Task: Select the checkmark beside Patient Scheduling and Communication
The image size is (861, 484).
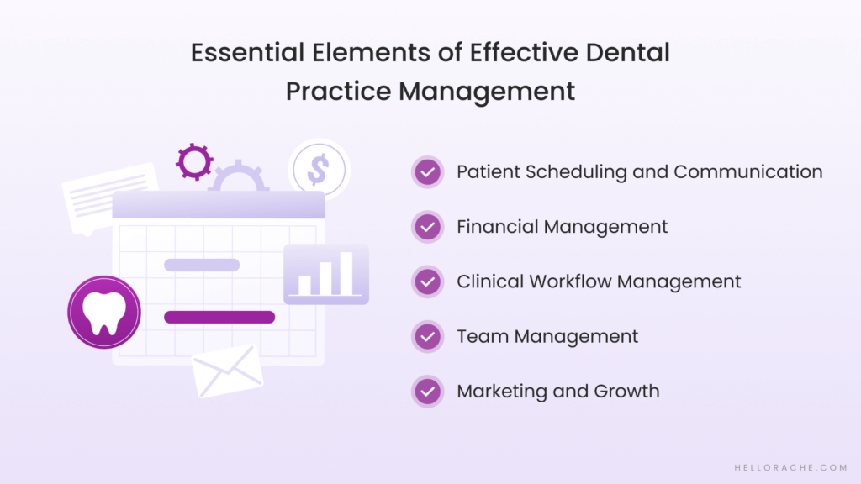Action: coord(428,172)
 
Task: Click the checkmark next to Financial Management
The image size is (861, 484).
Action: coord(428,227)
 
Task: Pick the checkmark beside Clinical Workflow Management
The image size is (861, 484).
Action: coord(428,281)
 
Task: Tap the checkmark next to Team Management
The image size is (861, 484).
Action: coord(428,337)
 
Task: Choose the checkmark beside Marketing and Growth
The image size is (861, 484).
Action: coord(428,392)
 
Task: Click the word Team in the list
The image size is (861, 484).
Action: coord(483,337)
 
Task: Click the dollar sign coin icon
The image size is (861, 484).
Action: coord(318,169)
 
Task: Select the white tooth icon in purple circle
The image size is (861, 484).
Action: coord(104,312)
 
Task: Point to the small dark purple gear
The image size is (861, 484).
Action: coord(194,161)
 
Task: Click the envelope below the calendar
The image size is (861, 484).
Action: coord(227,370)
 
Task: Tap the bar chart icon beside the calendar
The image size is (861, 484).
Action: coord(326,274)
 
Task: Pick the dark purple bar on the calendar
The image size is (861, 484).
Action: coord(219,317)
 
